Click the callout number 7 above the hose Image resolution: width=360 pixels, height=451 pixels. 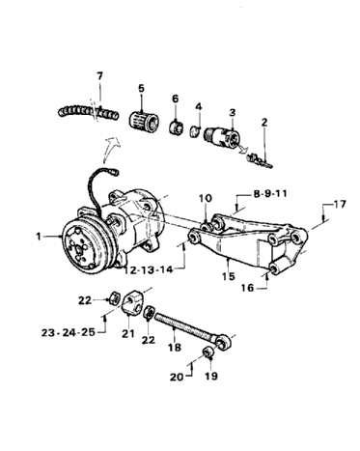[99, 76]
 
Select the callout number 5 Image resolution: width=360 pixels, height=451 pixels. [142, 88]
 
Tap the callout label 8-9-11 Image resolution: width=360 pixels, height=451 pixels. [269, 194]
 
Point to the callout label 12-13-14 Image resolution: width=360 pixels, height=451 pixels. [149, 270]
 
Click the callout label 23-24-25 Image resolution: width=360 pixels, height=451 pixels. [69, 332]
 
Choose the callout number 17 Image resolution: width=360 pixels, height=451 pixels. [339, 204]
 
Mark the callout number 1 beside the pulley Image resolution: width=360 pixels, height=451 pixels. [39, 237]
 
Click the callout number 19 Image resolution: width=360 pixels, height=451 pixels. [210, 376]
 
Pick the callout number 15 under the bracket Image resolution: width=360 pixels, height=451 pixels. [229, 276]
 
